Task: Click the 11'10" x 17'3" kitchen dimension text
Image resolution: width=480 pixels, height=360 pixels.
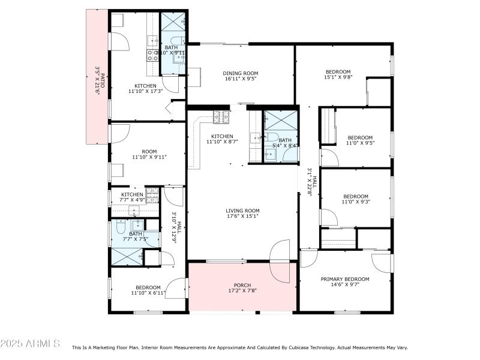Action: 145,92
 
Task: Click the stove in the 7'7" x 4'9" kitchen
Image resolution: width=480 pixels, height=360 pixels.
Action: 152,194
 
